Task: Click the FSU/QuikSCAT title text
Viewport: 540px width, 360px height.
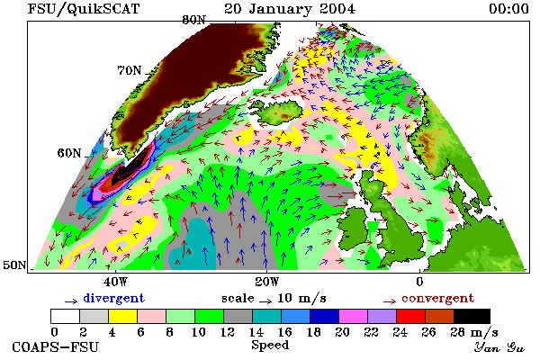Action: pyautogui.click(x=84, y=9)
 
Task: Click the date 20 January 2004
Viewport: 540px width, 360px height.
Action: pyautogui.click(x=290, y=9)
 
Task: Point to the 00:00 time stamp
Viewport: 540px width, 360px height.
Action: pyautogui.click(x=508, y=9)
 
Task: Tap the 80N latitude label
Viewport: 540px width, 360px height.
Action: pyautogui.click(x=193, y=20)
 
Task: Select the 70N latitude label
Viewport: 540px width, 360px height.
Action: pyautogui.click(x=130, y=70)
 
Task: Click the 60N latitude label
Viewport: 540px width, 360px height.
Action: pyautogui.click(x=69, y=153)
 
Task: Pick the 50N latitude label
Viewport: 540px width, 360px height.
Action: pyautogui.click(x=14, y=265)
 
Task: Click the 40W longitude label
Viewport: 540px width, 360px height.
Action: pyautogui.click(x=115, y=282)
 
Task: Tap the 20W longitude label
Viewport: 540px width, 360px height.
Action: pyautogui.click(x=266, y=282)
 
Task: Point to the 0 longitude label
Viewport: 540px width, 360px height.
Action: pyautogui.click(x=419, y=282)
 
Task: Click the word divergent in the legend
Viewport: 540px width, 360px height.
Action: pyautogui.click(x=113, y=299)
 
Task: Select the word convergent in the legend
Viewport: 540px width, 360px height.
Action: pyautogui.click(x=437, y=298)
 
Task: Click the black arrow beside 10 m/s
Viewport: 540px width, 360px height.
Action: pyautogui.click(x=265, y=301)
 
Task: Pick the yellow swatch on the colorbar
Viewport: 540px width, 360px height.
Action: pyautogui.click(x=122, y=316)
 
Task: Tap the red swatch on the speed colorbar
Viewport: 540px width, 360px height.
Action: pyautogui.click(x=410, y=316)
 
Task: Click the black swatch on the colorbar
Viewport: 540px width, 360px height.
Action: pyautogui.click(x=472, y=316)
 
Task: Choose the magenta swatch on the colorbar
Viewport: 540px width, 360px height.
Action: pyautogui.click(x=353, y=316)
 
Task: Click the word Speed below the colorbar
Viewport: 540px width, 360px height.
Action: pyautogui.click(x=270, y=346)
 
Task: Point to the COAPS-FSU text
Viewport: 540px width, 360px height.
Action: pyautogui.click(x=55, y=346)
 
